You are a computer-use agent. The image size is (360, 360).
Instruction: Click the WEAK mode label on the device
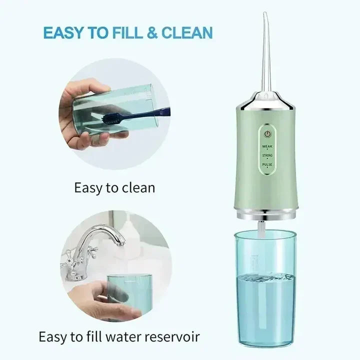268,146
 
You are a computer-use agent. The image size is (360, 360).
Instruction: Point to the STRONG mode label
268,156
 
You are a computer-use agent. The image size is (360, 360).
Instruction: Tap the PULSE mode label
268,164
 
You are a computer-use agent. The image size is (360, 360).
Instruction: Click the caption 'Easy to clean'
114,188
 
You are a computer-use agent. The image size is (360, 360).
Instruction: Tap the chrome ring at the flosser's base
264,216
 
